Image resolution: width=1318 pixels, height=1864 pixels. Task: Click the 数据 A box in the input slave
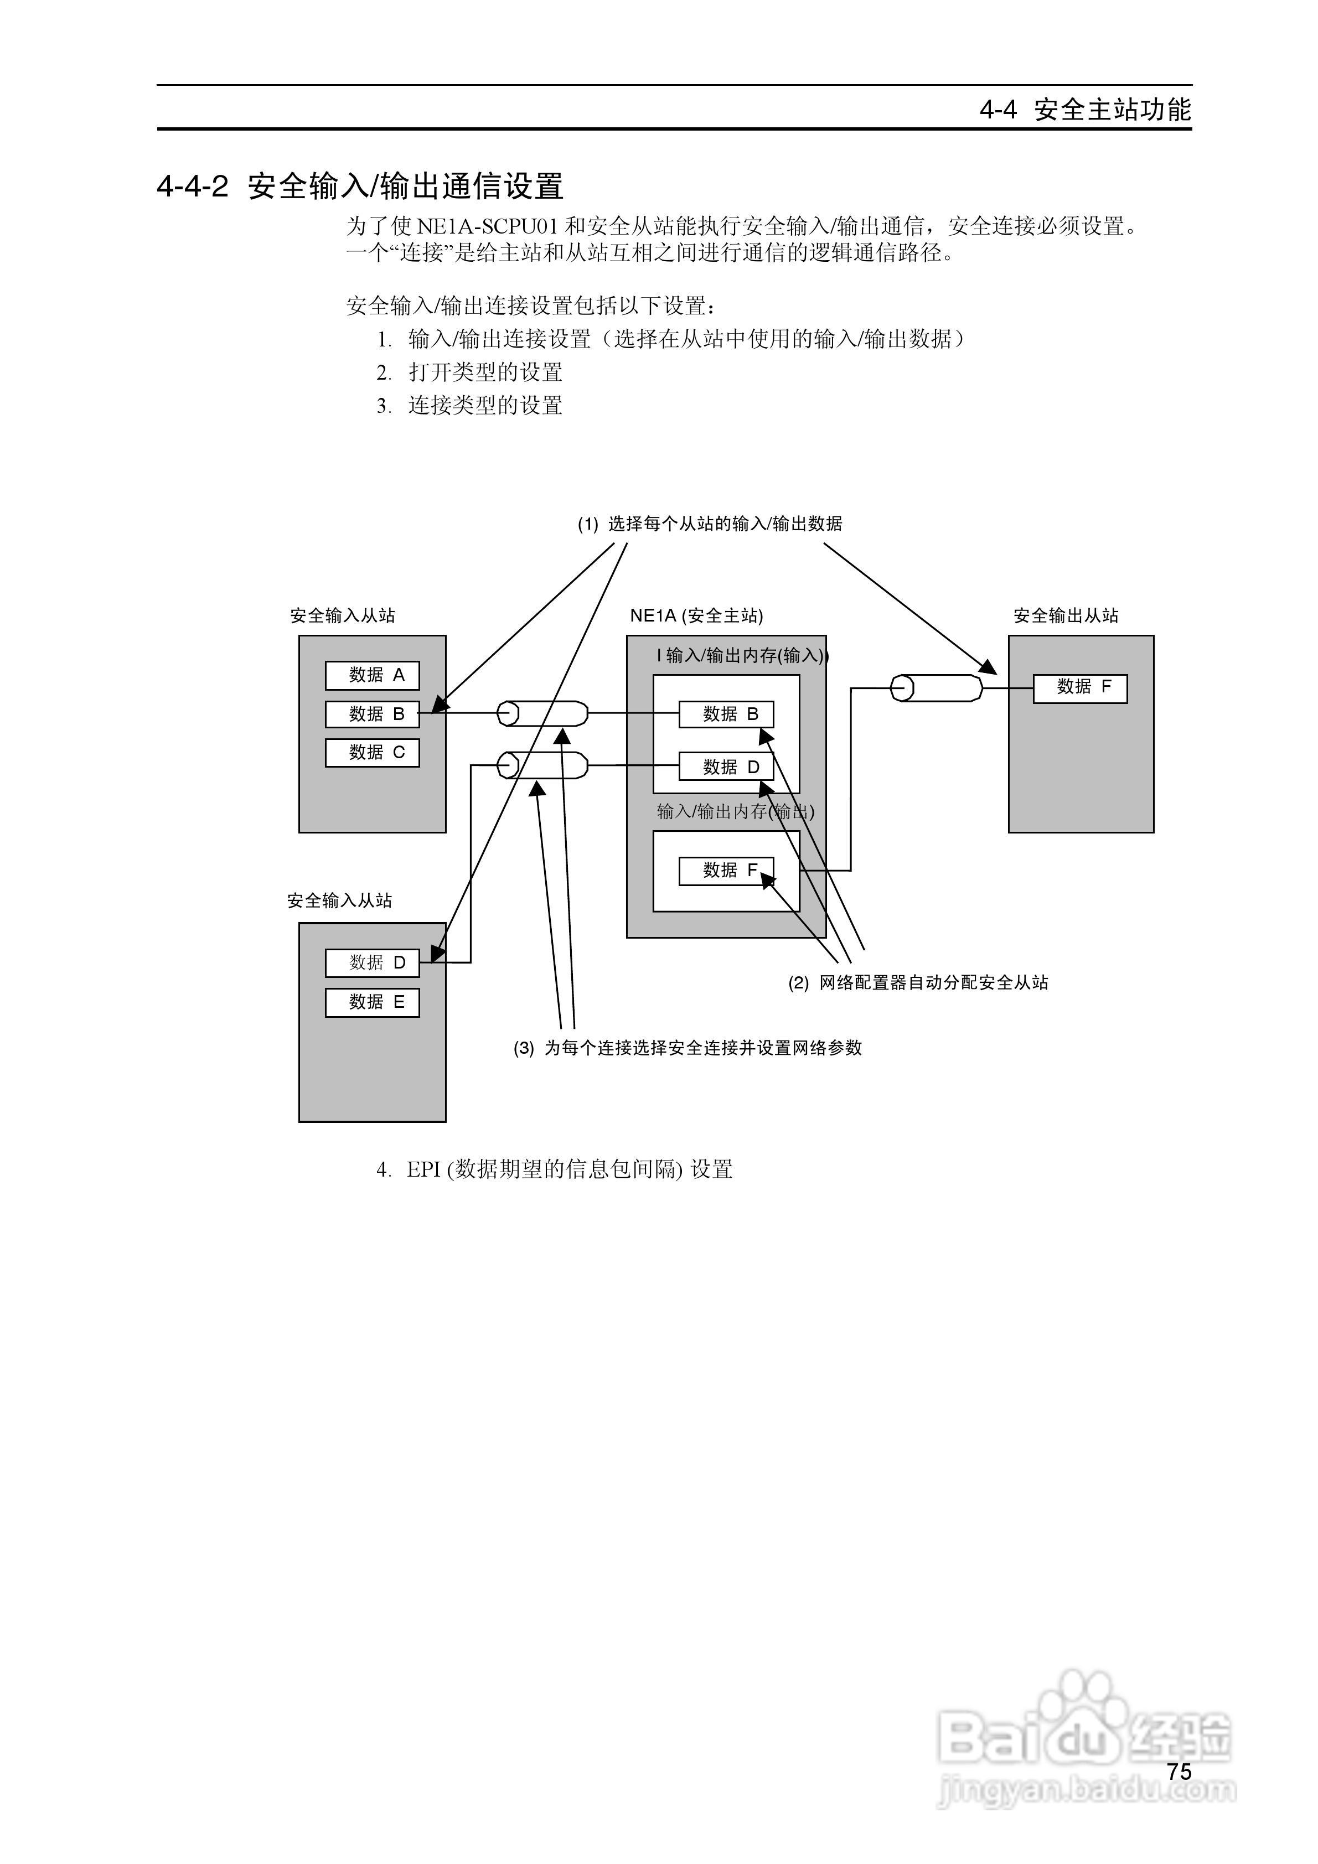(372, 675)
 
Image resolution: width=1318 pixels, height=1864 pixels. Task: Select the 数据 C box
(372, 753)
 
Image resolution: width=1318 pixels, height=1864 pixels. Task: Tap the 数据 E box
(372, 1003)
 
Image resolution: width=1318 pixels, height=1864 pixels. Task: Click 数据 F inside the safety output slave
(1080, 687)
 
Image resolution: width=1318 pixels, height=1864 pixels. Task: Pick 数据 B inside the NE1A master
(726, 714)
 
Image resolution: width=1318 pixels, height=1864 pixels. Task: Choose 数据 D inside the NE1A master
(726, 767)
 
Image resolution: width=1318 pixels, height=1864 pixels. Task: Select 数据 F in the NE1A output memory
(726, 871)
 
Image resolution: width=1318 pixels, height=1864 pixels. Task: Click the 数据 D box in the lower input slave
(372, 964)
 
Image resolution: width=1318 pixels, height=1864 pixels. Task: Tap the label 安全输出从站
(1066, 616)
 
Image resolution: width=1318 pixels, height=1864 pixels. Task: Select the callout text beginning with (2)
(918, 983)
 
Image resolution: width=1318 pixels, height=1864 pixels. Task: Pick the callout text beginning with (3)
(687, 1048)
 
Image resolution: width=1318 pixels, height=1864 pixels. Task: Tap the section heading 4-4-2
(360, 187)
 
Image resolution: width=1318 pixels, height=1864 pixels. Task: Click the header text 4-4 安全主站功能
(1085, 110)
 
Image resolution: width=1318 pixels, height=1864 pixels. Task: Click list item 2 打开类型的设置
(469, 372)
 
